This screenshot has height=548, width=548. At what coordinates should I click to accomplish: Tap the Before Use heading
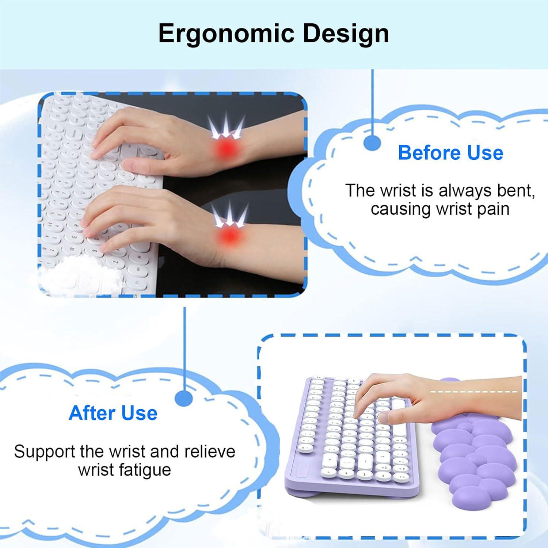coord(450,152)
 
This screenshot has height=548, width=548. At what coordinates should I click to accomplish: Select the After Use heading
coord(113,413)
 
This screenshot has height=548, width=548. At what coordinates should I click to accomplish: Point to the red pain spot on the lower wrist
coord(228,235)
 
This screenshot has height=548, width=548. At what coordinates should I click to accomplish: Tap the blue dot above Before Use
coord(373,143)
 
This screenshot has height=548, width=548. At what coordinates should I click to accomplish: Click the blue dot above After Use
coord(184,398)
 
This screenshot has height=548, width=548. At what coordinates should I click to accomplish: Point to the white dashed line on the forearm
coord(474,392)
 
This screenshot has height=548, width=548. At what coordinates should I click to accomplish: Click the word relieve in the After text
coord(210,452)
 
